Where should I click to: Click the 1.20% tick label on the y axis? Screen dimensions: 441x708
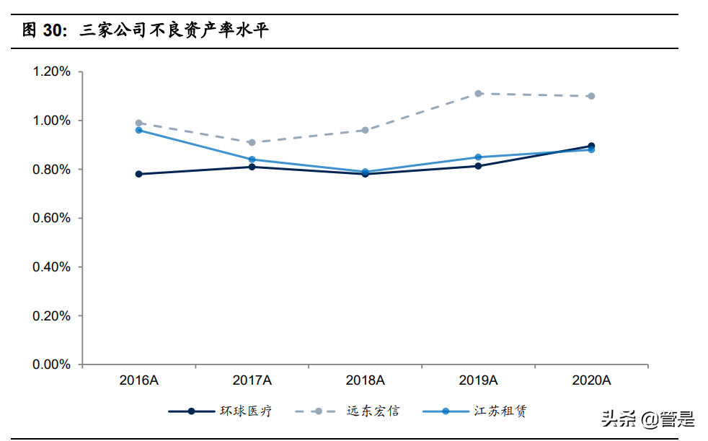(x=51, y=71)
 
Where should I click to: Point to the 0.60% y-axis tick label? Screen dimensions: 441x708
(x=51, y=218)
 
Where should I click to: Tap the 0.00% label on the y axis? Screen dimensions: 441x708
(x=51, y=364)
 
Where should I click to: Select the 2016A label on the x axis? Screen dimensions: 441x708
(x=138, y=380)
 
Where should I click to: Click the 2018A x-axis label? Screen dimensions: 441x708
(x=365, y=380)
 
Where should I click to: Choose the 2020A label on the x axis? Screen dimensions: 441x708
(x=591, y=380)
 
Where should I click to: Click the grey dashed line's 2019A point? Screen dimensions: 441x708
(x=478, y=93)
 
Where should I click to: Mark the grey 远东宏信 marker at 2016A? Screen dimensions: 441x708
(x=138, y=123)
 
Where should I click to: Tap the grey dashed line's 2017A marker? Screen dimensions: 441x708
(x=252, y=142)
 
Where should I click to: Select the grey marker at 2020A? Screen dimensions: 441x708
(x=591, y=96)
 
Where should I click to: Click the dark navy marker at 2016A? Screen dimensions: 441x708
(x=138, y=174)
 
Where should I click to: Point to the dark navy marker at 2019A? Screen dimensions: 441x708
(x=478, y=166)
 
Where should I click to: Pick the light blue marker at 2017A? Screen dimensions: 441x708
(x=252, y=160)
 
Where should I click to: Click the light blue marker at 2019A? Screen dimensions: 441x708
(x=478, y=157)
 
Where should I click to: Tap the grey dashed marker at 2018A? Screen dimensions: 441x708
(x=365, y=130)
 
